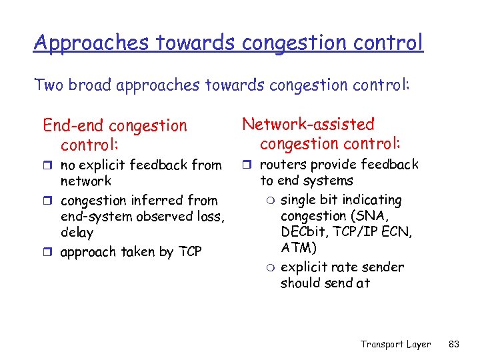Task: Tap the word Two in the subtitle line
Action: coord(47,85)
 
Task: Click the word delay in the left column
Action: coord(77,233)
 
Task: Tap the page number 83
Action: coord(455,344)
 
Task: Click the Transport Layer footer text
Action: coord(395,344)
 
